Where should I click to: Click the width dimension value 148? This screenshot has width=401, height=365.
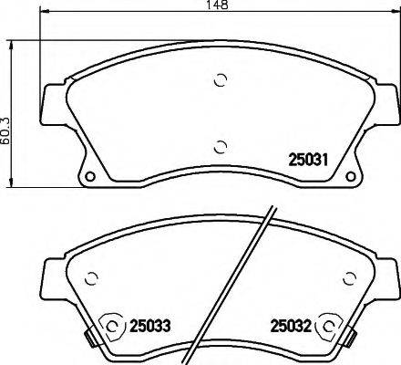pos(217,6)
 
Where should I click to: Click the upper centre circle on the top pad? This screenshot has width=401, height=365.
pos(219,80)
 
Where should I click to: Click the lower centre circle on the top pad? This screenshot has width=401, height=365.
pos(219,144)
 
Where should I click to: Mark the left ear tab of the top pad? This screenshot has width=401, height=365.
pos(50,105)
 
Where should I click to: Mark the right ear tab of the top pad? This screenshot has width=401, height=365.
pos(386,105)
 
